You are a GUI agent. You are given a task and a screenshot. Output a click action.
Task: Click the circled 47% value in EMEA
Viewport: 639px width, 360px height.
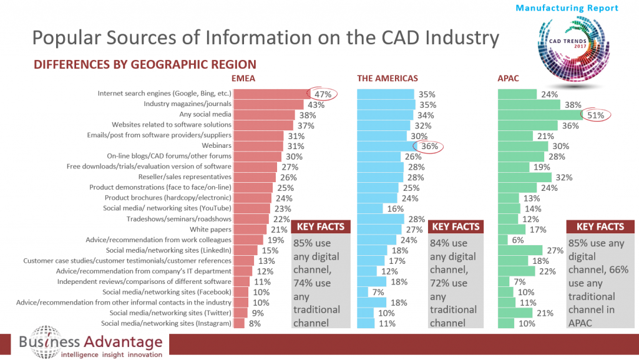click(323, 94)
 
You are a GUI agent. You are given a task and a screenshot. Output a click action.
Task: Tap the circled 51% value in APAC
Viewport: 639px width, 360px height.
click(595, 115)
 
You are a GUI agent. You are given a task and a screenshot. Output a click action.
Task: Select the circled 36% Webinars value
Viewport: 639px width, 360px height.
click(428, 146)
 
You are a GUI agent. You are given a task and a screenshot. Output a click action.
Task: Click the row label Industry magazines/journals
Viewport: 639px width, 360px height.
click(187, 104)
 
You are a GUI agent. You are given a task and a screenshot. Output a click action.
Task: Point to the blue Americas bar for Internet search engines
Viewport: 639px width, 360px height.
click(384, 94)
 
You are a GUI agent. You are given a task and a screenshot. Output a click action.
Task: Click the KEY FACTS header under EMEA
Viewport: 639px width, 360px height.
click(321, 227)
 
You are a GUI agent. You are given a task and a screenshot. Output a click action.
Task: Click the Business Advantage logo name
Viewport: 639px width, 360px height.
click(90, 342)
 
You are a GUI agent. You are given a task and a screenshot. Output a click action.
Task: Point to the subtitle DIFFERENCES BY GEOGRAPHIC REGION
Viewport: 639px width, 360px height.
click(145, 64)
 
